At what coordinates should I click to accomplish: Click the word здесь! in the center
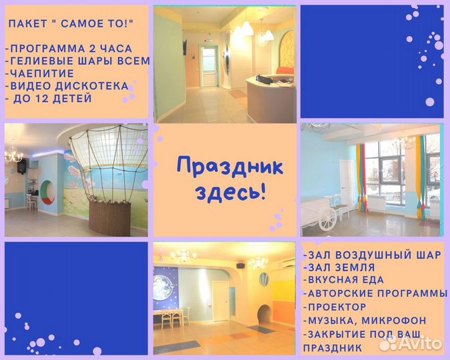click(x=230, y=193)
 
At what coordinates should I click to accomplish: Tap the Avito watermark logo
click(x=411, y=343)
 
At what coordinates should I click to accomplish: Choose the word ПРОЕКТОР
click(x=337, y=307)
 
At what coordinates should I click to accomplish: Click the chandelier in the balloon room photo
click(x=13, y=155)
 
